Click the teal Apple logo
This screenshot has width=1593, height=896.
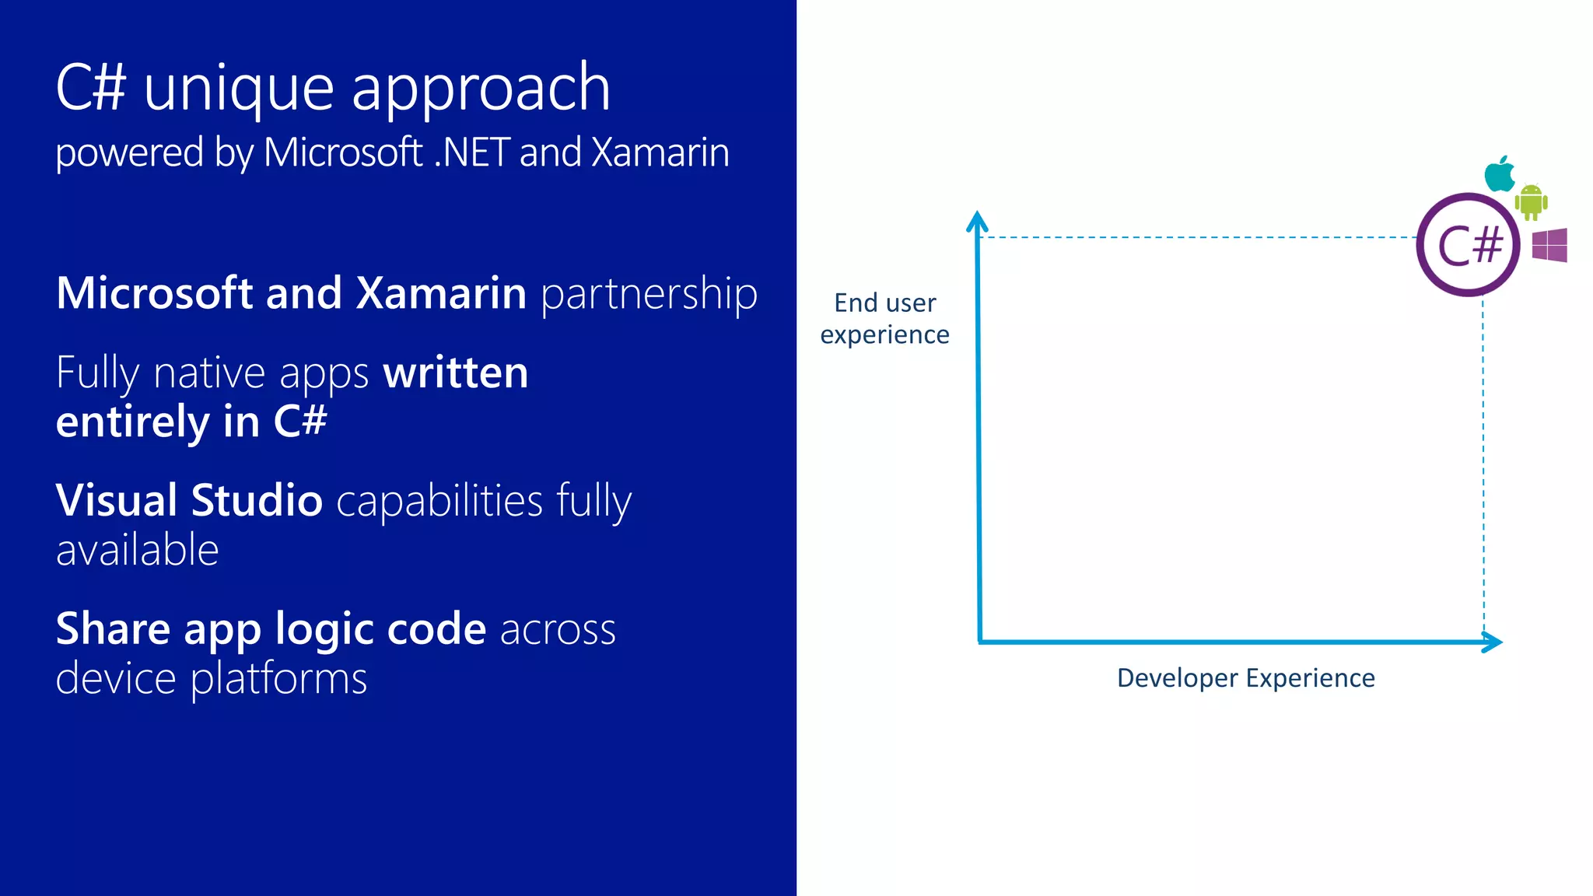coord(1500,173)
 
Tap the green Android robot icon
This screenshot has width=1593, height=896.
coord(1531,202)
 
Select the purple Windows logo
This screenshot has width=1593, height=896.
coord(1549,245)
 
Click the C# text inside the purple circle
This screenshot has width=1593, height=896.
coord(1469,246)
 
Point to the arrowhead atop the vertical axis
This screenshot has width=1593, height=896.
coord(977,222)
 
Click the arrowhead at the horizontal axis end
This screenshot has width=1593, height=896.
coord(1491,642)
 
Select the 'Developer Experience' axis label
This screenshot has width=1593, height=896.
coord(1246,678)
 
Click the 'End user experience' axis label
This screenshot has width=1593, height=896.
coord(885,318)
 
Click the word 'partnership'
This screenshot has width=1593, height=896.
coord(649,294)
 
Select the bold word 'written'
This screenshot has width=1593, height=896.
coord(456,373)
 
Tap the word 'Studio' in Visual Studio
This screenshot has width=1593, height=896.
coord(257,500)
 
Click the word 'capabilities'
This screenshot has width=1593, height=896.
coord(439,500)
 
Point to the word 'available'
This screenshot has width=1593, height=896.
coord(138,550)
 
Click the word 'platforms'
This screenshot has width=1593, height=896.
coord(278,679)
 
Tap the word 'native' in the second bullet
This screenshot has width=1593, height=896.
coord(209,373)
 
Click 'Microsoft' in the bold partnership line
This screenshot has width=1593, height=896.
coord(155,294)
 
